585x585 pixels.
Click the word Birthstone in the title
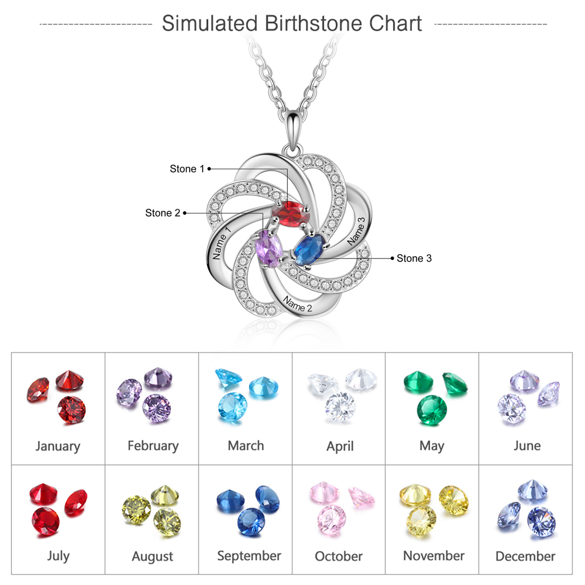(314, 23)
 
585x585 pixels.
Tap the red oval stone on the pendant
(291, 214)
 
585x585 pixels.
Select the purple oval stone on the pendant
(269, 249)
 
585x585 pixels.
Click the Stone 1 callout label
(187, 169)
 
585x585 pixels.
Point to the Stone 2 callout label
(163, 213)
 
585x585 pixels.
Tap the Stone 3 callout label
(414, 258)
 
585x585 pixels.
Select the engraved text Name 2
(298, 304)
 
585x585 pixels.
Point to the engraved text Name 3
(356, 231)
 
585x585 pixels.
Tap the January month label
(58, 446)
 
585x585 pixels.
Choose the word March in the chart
(246, 446)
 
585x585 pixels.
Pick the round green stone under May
(432, 410)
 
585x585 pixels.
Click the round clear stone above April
(340, 407)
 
